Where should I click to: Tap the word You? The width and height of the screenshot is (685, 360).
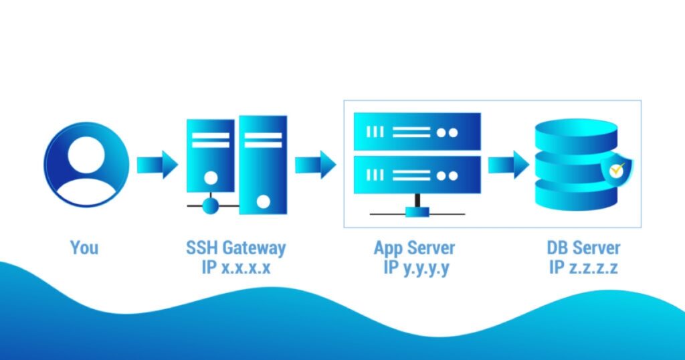coord(84,248)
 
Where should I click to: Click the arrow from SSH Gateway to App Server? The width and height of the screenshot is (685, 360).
coord(315,164)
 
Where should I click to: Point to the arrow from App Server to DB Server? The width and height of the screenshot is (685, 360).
coord(508,164)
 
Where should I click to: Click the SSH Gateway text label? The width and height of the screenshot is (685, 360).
coord(235,248)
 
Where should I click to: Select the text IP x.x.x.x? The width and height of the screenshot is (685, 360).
coord(235,268)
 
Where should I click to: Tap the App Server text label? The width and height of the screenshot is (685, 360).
coord(414,248)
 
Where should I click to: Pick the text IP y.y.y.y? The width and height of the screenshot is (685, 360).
coord(414,268)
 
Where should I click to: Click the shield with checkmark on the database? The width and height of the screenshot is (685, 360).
coord(615,172)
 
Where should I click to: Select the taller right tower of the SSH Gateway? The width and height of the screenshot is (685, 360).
coord(263,164)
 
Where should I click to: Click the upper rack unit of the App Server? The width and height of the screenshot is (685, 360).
coord(417,131)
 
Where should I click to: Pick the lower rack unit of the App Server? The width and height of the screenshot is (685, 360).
coord(417,174)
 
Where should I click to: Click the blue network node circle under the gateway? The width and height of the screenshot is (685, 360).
coord(211,205)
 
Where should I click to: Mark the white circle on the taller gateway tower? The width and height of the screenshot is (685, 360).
coord(264,201)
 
